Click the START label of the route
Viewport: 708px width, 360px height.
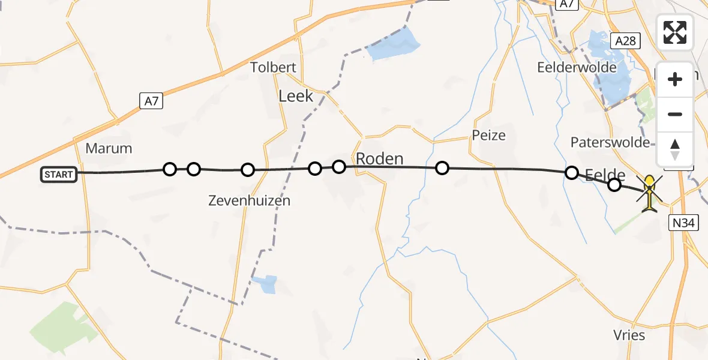tap(59, 175)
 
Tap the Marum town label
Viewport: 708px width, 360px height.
tap(109, 148)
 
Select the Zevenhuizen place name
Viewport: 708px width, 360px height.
tap(250, 200)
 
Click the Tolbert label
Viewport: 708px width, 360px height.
tap(274, 67)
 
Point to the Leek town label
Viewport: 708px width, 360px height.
tap(296, 95)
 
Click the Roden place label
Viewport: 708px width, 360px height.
tap(379, 159)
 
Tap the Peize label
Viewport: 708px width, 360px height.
tap(488, 135)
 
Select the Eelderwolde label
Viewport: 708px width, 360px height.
tap(577, 67)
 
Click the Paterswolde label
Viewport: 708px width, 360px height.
tap(610, 142)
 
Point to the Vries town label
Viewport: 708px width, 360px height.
tap(629, 335)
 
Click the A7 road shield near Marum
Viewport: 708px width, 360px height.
tap(152, 101)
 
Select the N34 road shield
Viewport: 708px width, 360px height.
tap(683, 223)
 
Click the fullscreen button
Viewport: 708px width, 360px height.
tap(675, 32)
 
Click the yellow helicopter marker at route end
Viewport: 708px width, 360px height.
tap(650, 194)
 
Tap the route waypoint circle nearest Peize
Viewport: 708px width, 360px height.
tap(442, 168)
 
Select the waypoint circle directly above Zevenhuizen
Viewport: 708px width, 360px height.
tap(248, 170)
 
